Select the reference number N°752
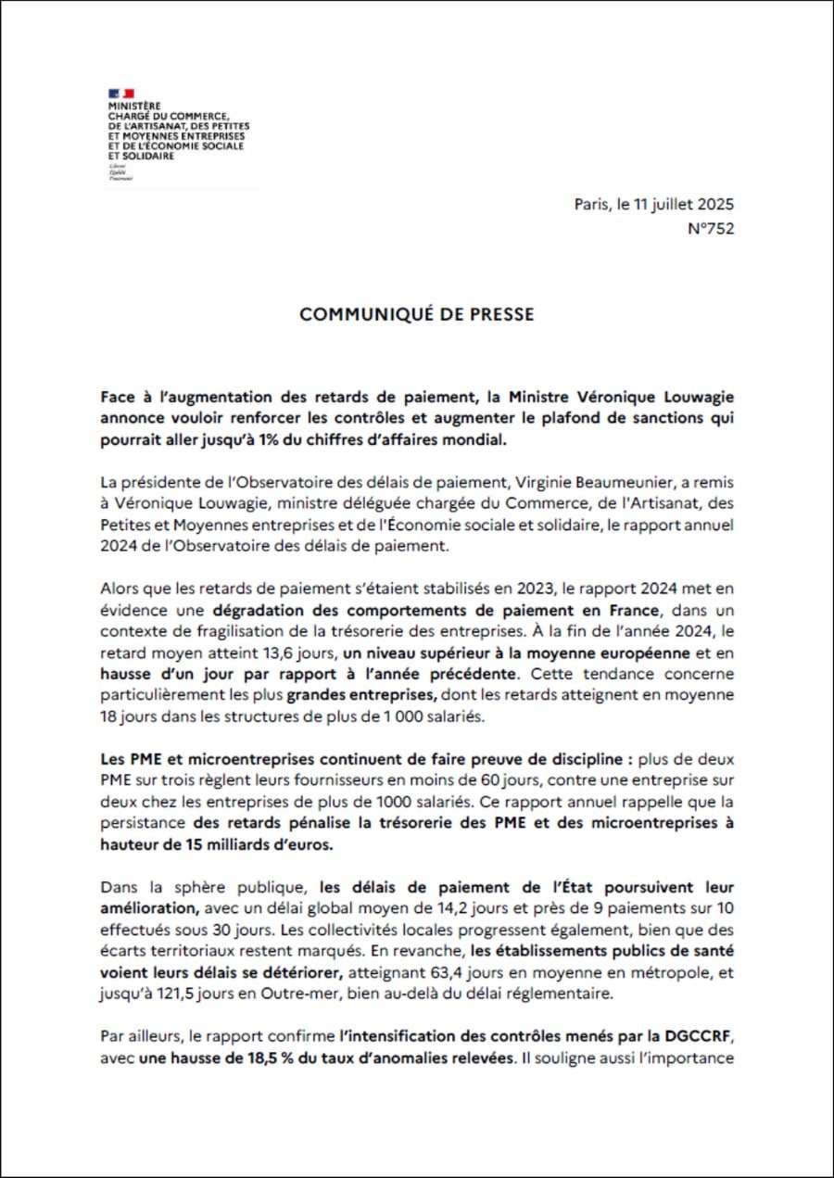(x=711, y=229)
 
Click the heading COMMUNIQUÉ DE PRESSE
(x=417, y=314)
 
